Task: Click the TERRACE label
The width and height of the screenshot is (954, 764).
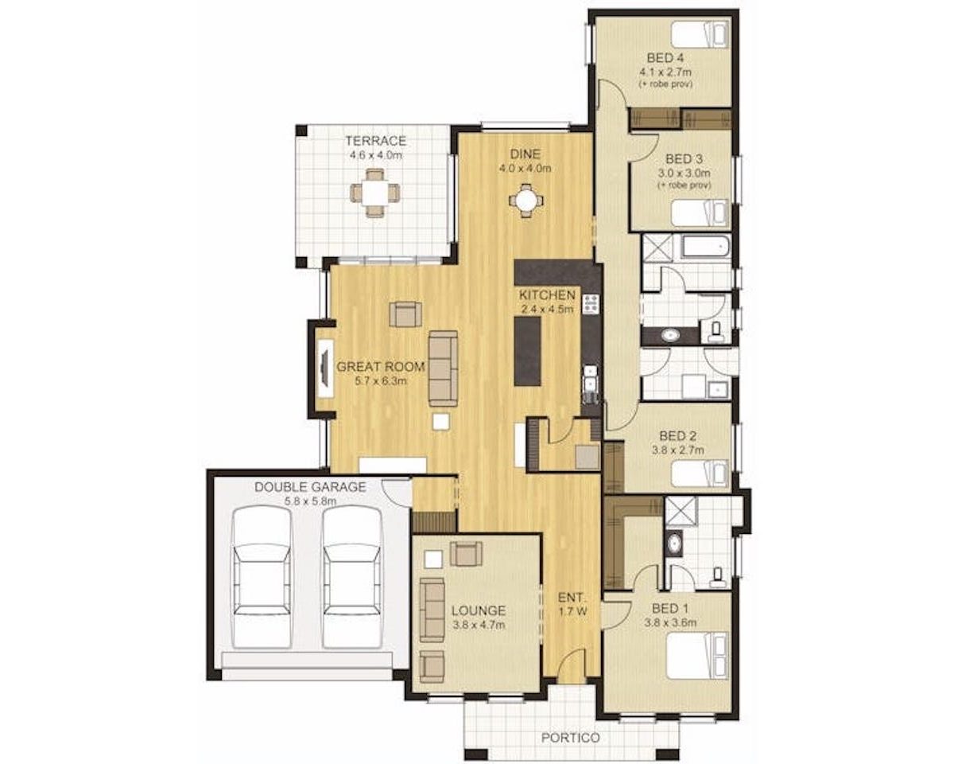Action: coord(375,141)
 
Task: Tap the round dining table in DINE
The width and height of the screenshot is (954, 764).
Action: coord(525,201)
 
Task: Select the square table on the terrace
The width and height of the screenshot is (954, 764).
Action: coord(375,193)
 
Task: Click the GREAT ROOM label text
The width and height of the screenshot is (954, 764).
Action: coord(380,367)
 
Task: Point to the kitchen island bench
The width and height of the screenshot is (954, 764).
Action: coord(528,351)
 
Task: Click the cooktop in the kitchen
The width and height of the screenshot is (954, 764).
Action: coord(591,304)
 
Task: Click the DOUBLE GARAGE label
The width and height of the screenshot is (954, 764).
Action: coord(310,487)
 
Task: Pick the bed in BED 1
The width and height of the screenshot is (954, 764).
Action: coord(697,656)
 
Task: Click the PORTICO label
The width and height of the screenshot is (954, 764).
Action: coord(571,738)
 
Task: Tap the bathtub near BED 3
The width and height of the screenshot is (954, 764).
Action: coord(706,247)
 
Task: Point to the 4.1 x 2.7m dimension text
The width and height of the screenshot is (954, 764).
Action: coord(665,72)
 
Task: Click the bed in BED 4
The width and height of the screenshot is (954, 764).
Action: coord(700,36)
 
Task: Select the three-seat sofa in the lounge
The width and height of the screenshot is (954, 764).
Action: coord(432,610)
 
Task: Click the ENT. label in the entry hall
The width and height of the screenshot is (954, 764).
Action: coord(572,598)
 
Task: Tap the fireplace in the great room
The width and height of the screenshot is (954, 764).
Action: coord(326,368)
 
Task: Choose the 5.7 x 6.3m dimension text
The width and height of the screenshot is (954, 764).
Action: coord(381,381)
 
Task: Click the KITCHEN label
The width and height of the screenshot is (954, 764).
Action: coord(547,294)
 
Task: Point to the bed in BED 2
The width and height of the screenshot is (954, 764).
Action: coord(700,474)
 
